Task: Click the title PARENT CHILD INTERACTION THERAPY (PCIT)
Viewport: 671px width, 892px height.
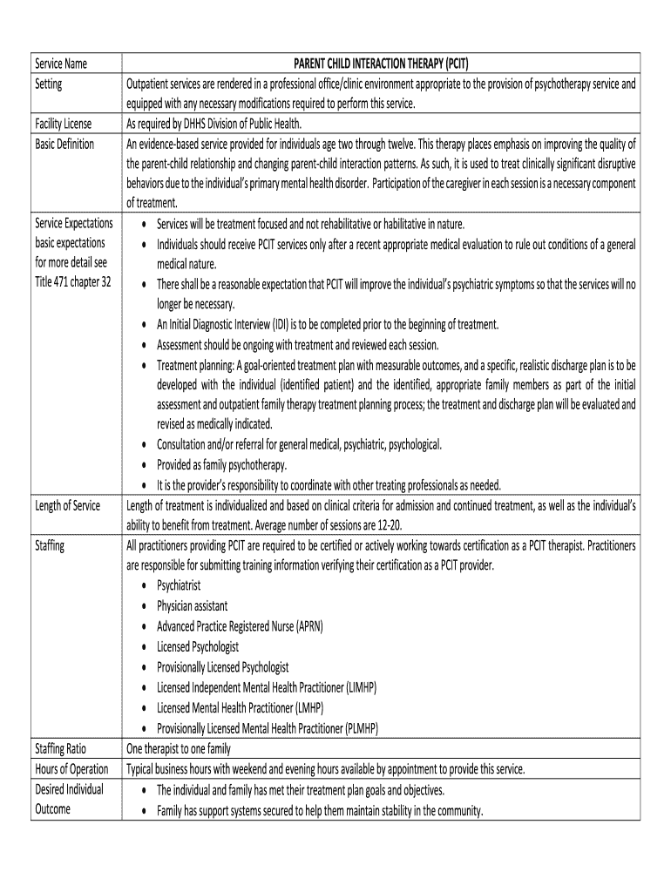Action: coord(383,63)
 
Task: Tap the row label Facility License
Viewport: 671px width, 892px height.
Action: coord(64,123)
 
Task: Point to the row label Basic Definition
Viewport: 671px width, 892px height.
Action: coord(64,143)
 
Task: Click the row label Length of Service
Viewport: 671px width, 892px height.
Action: coord(67,505)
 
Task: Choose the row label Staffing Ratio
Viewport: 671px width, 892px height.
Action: coord(62,747)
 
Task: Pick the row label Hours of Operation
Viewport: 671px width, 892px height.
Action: coord(71,768)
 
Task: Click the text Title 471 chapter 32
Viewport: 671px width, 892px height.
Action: coord(73,283)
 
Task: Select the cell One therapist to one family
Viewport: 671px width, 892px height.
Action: coord(179,747)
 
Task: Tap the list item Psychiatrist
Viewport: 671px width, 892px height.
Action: coord(179,585)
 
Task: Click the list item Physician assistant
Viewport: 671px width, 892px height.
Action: coord(193,605)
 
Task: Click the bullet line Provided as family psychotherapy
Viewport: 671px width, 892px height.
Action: coord(222,464)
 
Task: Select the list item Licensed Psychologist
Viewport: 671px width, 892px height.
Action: coord(198,646)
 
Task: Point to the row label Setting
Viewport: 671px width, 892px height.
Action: coord(48,84)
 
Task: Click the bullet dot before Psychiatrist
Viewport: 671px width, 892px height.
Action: coord(144,586)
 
